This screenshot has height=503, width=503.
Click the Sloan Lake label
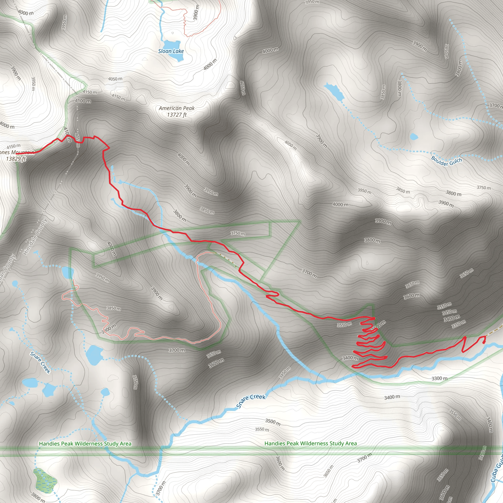(171, 51)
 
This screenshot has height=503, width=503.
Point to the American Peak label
(177, 108)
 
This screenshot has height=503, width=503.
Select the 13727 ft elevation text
(177, 115)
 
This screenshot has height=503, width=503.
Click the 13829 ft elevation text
(16, 159)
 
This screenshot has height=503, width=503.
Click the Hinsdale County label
(35, 237)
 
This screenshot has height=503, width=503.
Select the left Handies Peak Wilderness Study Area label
(85, 444)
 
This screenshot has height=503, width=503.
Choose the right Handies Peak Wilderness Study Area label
(311, 443)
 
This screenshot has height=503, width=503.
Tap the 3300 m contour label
(439, 378)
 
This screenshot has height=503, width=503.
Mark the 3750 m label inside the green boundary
(238, 233)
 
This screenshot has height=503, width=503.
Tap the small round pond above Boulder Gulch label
(413, 136)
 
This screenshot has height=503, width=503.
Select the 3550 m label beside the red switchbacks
(344, 325)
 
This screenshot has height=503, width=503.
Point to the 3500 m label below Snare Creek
(273, 422)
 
